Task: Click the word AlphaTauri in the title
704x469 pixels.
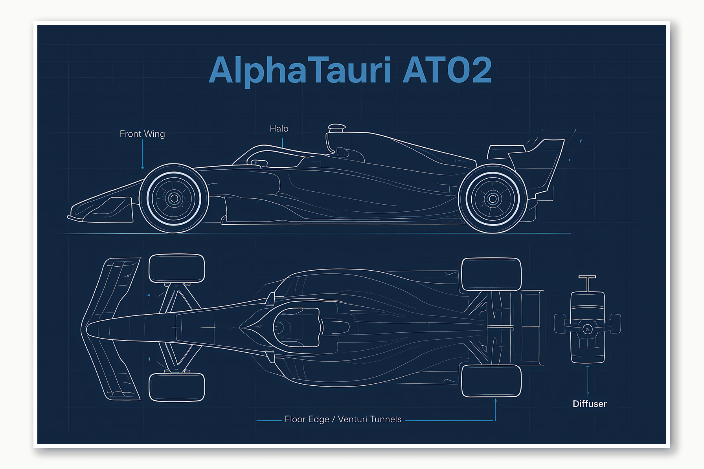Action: point(300,71)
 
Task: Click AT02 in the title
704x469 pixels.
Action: point(447,71)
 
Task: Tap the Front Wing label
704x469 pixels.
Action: point(142,134)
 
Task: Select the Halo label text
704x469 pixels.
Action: point(279,128)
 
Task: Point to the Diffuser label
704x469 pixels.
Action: point(590,404)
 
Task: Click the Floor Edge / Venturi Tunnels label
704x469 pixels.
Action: point(343,419)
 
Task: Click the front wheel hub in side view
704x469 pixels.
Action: point(174,198)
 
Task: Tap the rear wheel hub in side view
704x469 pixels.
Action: point(493,199)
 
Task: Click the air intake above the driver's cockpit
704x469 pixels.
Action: point(336,128)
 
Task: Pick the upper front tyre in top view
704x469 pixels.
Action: point(177,268)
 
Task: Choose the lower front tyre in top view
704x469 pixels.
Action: point(177,387)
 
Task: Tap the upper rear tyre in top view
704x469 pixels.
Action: point(491,274)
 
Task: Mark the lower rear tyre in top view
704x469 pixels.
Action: point(491,381)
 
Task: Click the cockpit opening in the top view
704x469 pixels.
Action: point(297,327)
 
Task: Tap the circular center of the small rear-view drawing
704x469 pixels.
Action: point(587,329)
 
